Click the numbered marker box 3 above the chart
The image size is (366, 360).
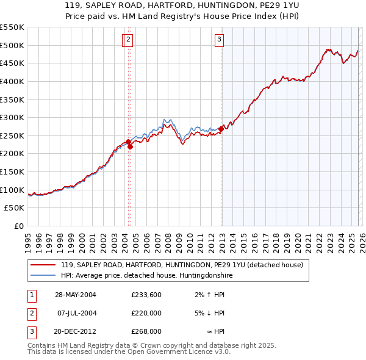click(x=219, y=40)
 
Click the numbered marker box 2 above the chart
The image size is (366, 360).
click(x=129, y=40)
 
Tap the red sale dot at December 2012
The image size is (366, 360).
click(x=221, y=129)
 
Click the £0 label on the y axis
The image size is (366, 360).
click(x=18, y=226)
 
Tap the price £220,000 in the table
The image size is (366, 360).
click(x=146, y=313)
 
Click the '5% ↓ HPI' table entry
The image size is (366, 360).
click(x=209, y=313)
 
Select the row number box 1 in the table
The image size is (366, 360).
click(x=30, y=294)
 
